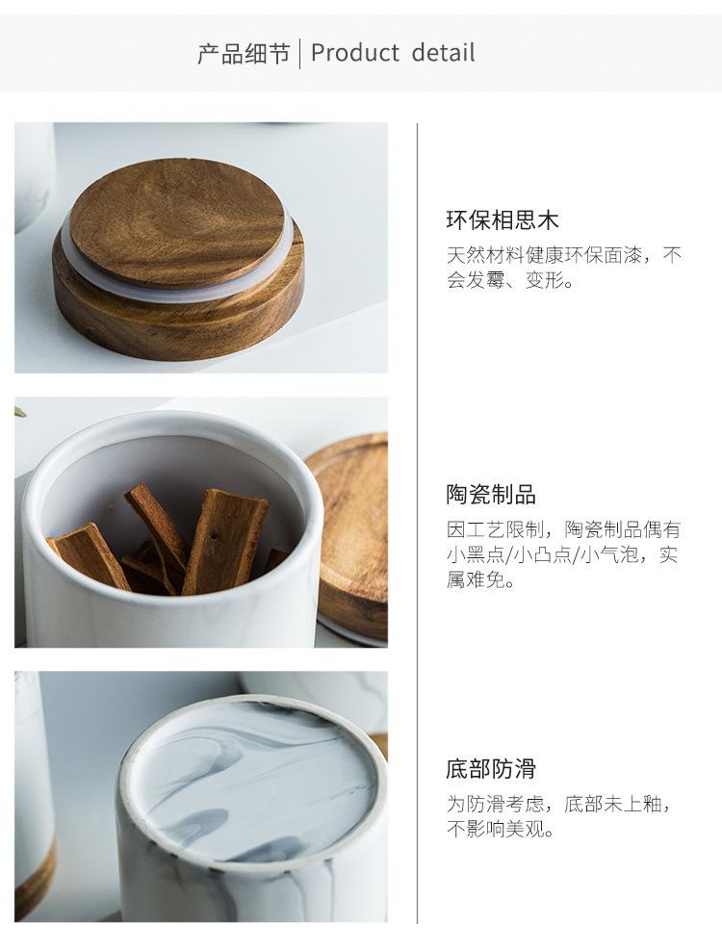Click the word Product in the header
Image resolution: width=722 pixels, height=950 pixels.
(x=355, y=53)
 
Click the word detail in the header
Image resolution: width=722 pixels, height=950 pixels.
(x=443, y=53)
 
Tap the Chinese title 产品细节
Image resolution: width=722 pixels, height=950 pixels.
(x=244, y=54)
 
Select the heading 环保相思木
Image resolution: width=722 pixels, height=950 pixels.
(x=503, y=219)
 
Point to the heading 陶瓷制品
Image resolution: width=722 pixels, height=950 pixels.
(x=491, y=495)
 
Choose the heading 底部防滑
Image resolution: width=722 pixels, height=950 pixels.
(x=491, y=769)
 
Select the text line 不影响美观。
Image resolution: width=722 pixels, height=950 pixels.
(x=501, y=829)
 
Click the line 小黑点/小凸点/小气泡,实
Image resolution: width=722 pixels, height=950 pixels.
(x=562, y=555)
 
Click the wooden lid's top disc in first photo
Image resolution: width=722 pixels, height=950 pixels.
(x=177, y=221)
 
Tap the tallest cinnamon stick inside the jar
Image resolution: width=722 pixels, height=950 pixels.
(x=224, y=539)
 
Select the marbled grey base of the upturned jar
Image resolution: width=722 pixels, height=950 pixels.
(x=251, y=781)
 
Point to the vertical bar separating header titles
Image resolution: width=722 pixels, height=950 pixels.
(x=300, y=53)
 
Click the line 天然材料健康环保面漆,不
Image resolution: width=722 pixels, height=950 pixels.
(x=564, y=255)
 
